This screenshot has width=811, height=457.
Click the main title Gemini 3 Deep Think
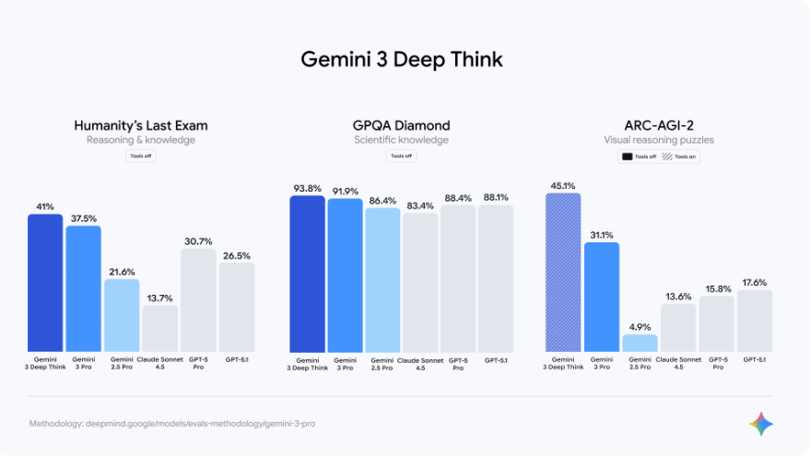pyautogui.click(x=403, y=60)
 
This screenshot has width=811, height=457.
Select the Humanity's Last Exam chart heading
pyautogui.click(x=141, y=125)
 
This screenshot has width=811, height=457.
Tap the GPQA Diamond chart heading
pyautogui.click(x=401, y=125)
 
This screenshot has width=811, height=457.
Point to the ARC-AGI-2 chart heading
pyautogui.click(x=659, y=125)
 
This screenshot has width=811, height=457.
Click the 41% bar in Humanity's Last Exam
pyautogui.click(x=45, y=282)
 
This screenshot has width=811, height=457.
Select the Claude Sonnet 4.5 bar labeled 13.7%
pyautogui.click(x=160, y=327)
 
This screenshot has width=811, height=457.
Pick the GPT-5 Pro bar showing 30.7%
pyautogui.click(x=198, y=299)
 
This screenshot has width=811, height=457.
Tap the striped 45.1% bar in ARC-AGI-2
pyautogui.click(x=563, y=272)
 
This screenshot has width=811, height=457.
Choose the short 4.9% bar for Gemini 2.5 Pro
pyautogui.click(x=640, y=342)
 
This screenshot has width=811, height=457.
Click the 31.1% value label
pyautogui.click(x=602, y=234)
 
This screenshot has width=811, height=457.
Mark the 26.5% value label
pyautogui.click(x=236, y=254)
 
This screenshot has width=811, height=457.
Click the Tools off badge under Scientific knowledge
pyautogui.click(x=401, y=156)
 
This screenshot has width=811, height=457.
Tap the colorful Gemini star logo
pyautogui.click(x=761, y=424)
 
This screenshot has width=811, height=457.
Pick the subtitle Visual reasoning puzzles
pyautogui.click(x=659, y=140)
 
